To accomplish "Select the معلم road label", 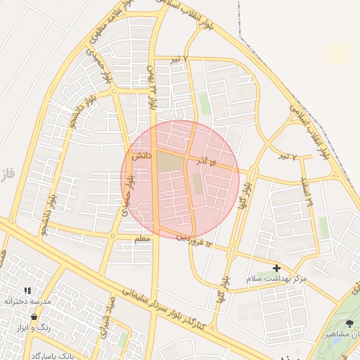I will (x=142, y=240).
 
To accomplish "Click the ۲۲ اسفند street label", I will (x=308, y=190).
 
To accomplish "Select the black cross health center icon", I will (x=277, y=268).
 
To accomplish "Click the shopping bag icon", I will (x=34, y=318).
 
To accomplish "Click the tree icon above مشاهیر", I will (x=350, y=323).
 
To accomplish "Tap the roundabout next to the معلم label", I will (x=113, y=236).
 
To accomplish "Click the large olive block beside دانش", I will (x=169, y=162).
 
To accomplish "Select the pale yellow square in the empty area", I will (x=337, y=53).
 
